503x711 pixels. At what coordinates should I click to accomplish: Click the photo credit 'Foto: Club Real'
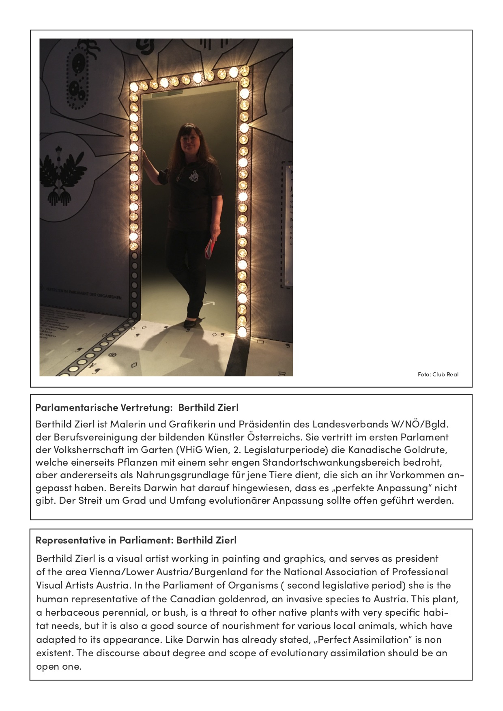(438, 374)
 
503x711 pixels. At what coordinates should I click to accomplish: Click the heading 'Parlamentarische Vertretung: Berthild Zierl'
(137, 407)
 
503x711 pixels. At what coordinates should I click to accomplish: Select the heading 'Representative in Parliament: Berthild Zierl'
(136, 540)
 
